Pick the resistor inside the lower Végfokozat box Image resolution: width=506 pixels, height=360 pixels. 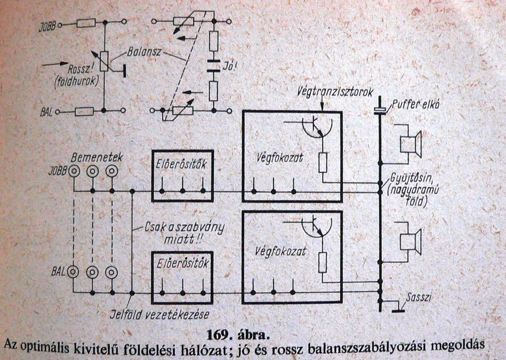click(323, 262)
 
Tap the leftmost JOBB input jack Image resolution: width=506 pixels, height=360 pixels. click(74, 172)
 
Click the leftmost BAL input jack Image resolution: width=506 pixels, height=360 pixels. click(74, 272)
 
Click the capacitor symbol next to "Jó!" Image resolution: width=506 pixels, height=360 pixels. click(214, 66)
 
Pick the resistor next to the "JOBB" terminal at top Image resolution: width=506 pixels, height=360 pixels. click(86, 24)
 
